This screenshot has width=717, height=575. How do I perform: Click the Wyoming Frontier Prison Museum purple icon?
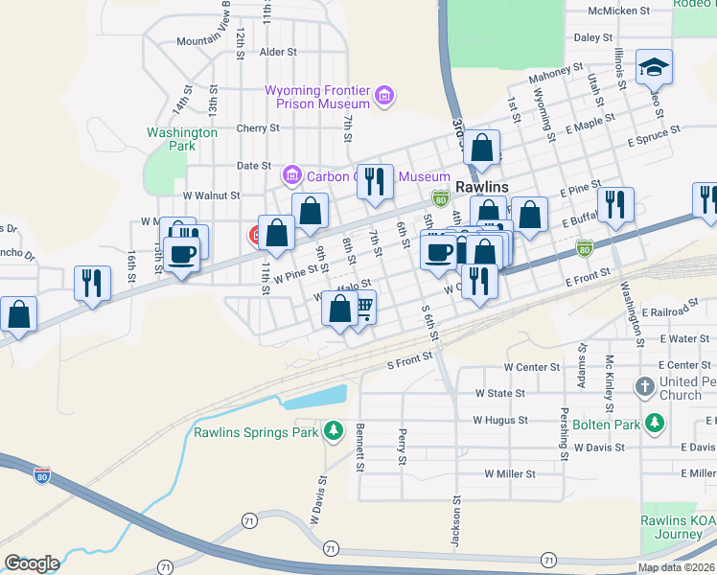click(x=384, y=96)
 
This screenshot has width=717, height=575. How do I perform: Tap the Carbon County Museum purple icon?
click(x=291, y=176)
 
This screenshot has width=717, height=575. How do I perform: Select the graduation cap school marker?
click(x=655, y=67)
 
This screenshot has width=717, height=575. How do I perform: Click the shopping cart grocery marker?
click(x=362, y=308)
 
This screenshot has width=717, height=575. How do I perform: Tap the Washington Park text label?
click(x=181, y=139)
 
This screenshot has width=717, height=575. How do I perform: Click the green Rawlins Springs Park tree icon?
click(x=334, y=431)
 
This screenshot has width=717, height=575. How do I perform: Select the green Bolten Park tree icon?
click(x=655, y=422)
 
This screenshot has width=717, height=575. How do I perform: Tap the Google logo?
click(x=32, y=563)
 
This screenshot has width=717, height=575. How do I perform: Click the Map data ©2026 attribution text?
click(x=677, y=567)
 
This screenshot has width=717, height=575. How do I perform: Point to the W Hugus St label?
click(x=500, y=420)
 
